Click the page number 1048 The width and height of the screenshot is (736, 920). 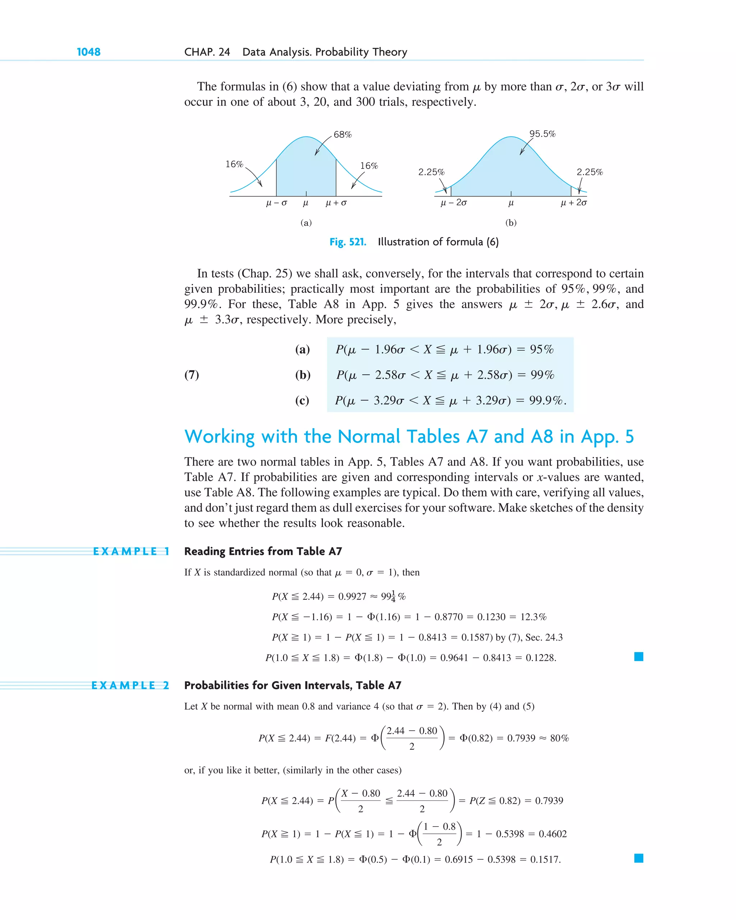point(88,52)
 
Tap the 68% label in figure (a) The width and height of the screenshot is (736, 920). point(342,134)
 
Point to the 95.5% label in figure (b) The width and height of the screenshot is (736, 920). point(542,134)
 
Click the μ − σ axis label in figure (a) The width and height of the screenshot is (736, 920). point(276,203)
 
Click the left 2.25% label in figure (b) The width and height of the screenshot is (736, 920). point(431,172)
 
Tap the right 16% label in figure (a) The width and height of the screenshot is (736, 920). point(369,166)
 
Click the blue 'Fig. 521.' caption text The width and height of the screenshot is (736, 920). point(348,242)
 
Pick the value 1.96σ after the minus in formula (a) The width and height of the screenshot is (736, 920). point(389,350)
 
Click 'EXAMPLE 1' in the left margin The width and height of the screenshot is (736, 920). point(131,551)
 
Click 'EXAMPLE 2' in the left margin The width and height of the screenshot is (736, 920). point(130,685)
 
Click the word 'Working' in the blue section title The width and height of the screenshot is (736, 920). point(220,436)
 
